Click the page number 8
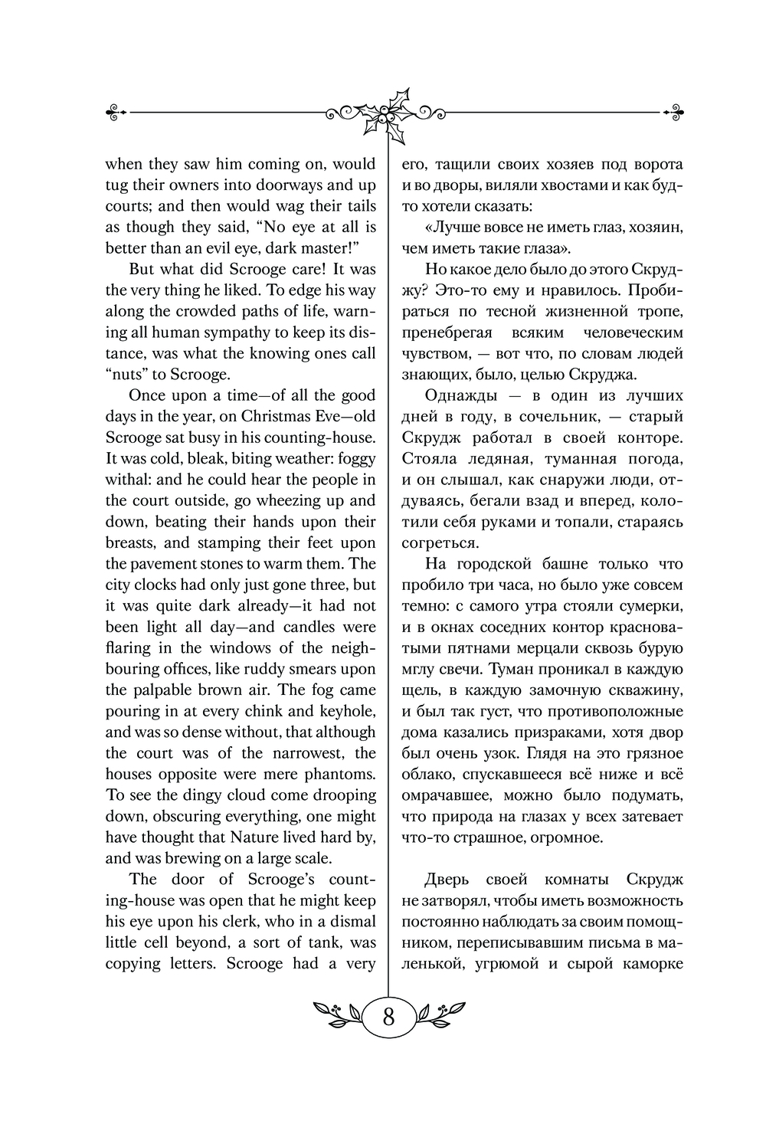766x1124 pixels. (388, 1017)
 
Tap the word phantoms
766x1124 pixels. (338, 774)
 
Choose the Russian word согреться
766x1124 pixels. (440, 542)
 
